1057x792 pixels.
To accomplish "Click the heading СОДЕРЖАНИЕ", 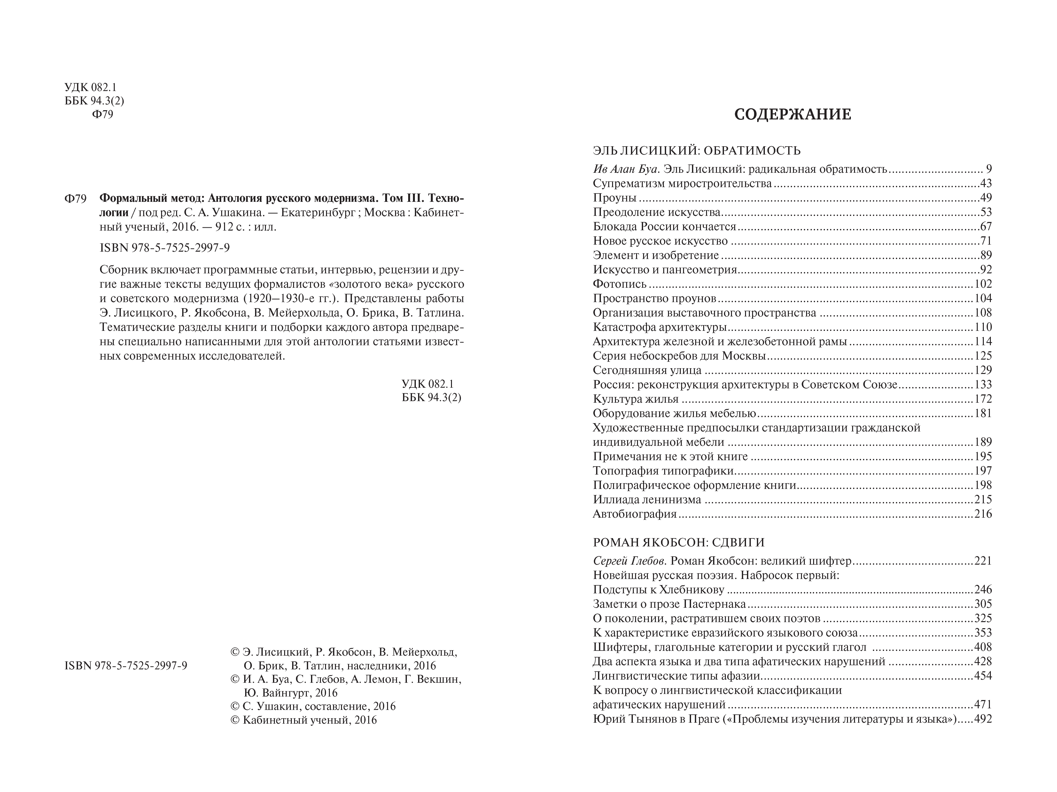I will click(792, 115).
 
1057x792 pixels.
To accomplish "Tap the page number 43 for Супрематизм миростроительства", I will click(985, 183).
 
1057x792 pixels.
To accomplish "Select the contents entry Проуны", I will click(615, 198).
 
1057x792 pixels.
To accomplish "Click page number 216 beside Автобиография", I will click(983, 514).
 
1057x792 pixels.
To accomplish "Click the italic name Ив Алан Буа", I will click(626, 169).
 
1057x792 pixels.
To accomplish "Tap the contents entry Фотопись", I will click(619, 284).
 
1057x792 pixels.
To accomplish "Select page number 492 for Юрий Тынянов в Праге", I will click(983, 719).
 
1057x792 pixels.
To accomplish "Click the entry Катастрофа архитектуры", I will click(659, 327).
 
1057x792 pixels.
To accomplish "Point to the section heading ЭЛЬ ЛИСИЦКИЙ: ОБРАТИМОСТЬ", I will click(696, 151).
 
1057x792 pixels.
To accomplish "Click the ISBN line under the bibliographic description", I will click(165, 248).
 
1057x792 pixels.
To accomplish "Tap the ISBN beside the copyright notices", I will click(126, 666).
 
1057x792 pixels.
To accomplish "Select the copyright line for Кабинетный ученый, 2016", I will click(304, 720).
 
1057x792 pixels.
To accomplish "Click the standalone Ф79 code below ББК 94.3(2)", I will click(102, 115).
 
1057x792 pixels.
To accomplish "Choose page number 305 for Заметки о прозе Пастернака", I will click(983, 604).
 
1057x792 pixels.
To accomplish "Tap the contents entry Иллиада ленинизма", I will click(647, 499).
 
